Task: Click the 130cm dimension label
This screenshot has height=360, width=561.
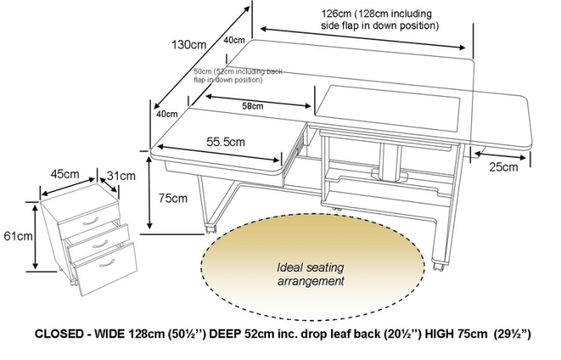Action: point(186,46)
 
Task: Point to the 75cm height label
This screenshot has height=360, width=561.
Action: point(174,197)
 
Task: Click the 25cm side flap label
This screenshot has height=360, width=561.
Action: point(503,167)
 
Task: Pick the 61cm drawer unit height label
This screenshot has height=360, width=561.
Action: point(17,236)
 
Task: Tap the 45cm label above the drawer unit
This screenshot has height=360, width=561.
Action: point(64,174)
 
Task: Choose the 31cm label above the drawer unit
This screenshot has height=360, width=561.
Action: point(121,175)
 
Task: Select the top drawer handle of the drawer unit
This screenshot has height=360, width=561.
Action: point(91,220)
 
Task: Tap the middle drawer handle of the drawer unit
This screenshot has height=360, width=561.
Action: point(99,240)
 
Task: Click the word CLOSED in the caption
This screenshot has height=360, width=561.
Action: point(61,334)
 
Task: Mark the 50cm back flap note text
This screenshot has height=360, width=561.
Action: point(240,75)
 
